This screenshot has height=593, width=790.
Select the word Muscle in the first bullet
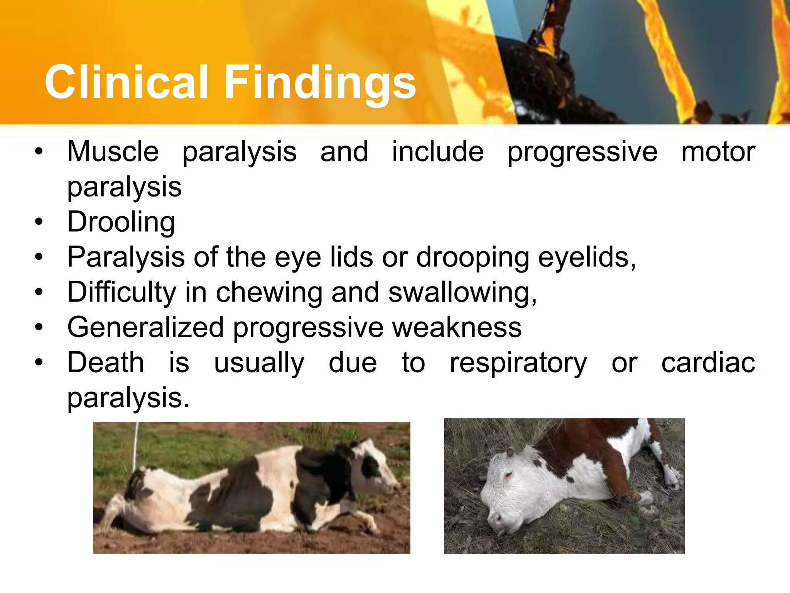[x=113, y=151]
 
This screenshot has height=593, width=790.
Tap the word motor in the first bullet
[x=718, y=151]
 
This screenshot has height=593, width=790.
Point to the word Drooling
[x=121, y=222]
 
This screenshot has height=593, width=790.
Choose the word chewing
[x=269, y=292]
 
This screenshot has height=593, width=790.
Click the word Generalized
[x=145, y=327]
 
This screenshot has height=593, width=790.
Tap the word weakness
[x=457, y=327]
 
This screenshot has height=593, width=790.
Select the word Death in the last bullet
[x=106, y=363]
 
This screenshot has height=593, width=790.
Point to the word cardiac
[x=708, y=363]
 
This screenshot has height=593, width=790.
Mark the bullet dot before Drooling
[x=39, y=222]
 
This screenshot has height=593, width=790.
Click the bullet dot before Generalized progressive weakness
[x=39, y=327]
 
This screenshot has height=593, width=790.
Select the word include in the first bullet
[x=438, y=151]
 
